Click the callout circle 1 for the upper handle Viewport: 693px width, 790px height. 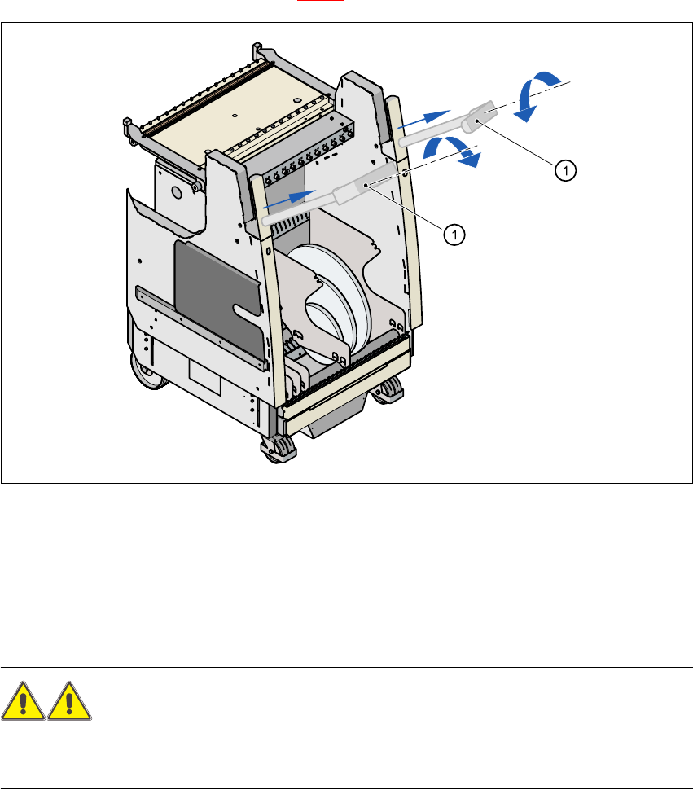(x=567, y=169)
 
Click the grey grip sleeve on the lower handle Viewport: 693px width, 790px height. (x=353, y=194)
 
